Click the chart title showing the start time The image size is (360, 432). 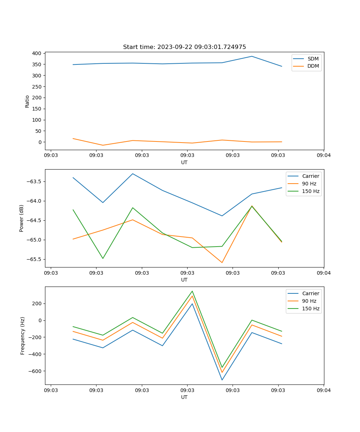click(184, 47)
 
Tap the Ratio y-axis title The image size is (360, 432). click(27, 101)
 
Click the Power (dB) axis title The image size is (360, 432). click(22, 218)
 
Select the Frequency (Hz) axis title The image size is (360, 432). click(22, 336)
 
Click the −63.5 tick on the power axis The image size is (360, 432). click(35, 181)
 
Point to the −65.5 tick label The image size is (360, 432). click(35, 259)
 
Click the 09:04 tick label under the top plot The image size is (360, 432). click(323, 155)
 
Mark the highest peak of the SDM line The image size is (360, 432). click(252, 56)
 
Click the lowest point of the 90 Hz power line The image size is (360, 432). click(222, 262)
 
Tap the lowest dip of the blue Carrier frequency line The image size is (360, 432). click(222, 380)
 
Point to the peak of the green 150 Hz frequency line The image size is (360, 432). click(192, 291)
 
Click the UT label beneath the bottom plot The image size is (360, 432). click(184, 397)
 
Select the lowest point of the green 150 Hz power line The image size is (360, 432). click(103, 258)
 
